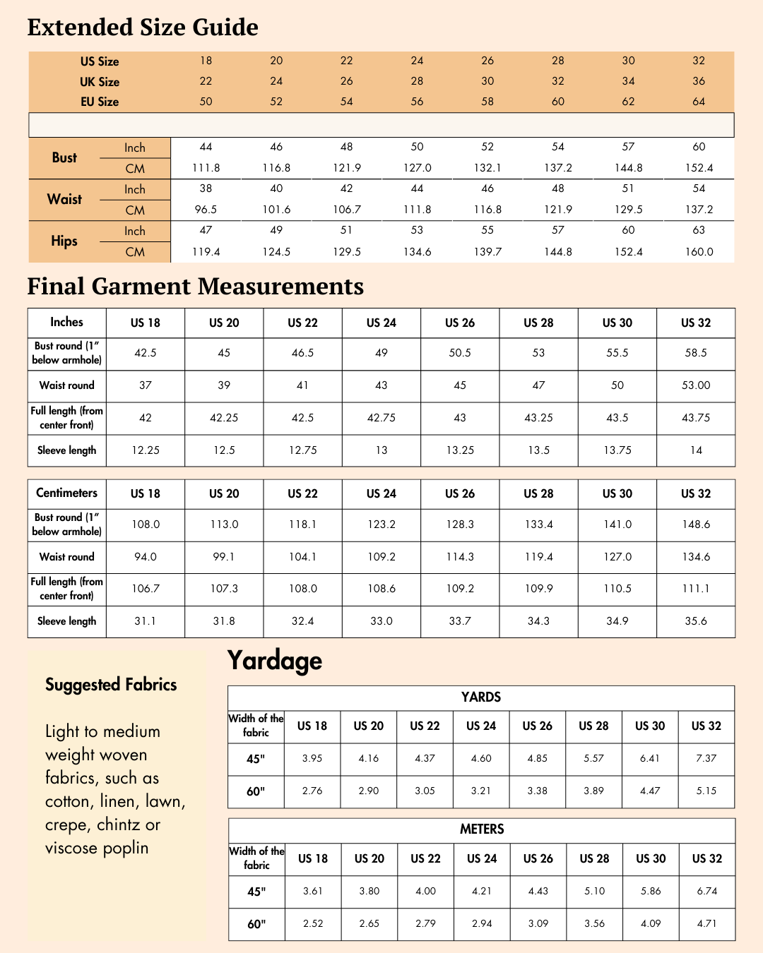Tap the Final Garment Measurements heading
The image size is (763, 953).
[195, 287]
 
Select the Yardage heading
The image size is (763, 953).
[275, 661]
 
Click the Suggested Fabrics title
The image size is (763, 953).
[111, 685]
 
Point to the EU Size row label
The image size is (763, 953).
[100, 102]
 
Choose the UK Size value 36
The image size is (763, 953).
[699, 81]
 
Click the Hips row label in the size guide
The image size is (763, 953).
[64, 241]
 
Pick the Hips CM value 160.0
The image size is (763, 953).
[699, 252]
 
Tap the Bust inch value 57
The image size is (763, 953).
[628, 147]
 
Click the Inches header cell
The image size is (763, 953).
[66, 323]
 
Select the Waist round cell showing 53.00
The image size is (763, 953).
[696, 385]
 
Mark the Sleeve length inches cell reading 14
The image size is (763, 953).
[696, 450]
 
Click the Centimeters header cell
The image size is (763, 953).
[66, 493]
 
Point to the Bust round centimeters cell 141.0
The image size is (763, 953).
[617, 525]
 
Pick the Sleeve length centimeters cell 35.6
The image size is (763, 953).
[696, 621]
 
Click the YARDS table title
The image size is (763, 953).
[481, 697]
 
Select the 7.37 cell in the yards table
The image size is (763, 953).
[706, 759]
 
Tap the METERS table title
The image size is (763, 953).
[482, 829]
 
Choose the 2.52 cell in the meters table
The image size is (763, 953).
[313, 923]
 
